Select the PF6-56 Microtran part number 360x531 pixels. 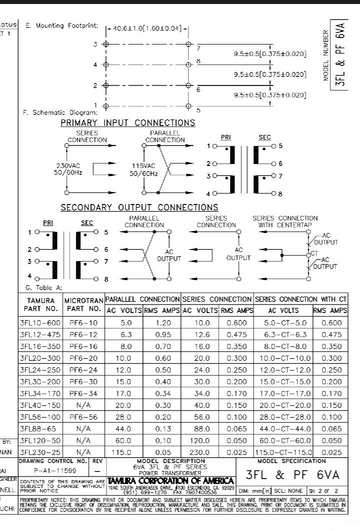tap(83, 417)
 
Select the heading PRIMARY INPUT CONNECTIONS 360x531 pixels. tap(127, 123)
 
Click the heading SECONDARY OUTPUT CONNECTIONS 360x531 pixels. tap(139, 207)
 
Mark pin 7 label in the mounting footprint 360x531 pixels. tap(198, 48)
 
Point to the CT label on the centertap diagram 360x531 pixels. tap(314, 253)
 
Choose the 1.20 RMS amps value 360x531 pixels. tap(162, 323)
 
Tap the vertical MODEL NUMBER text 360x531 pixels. tap(326, 55)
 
